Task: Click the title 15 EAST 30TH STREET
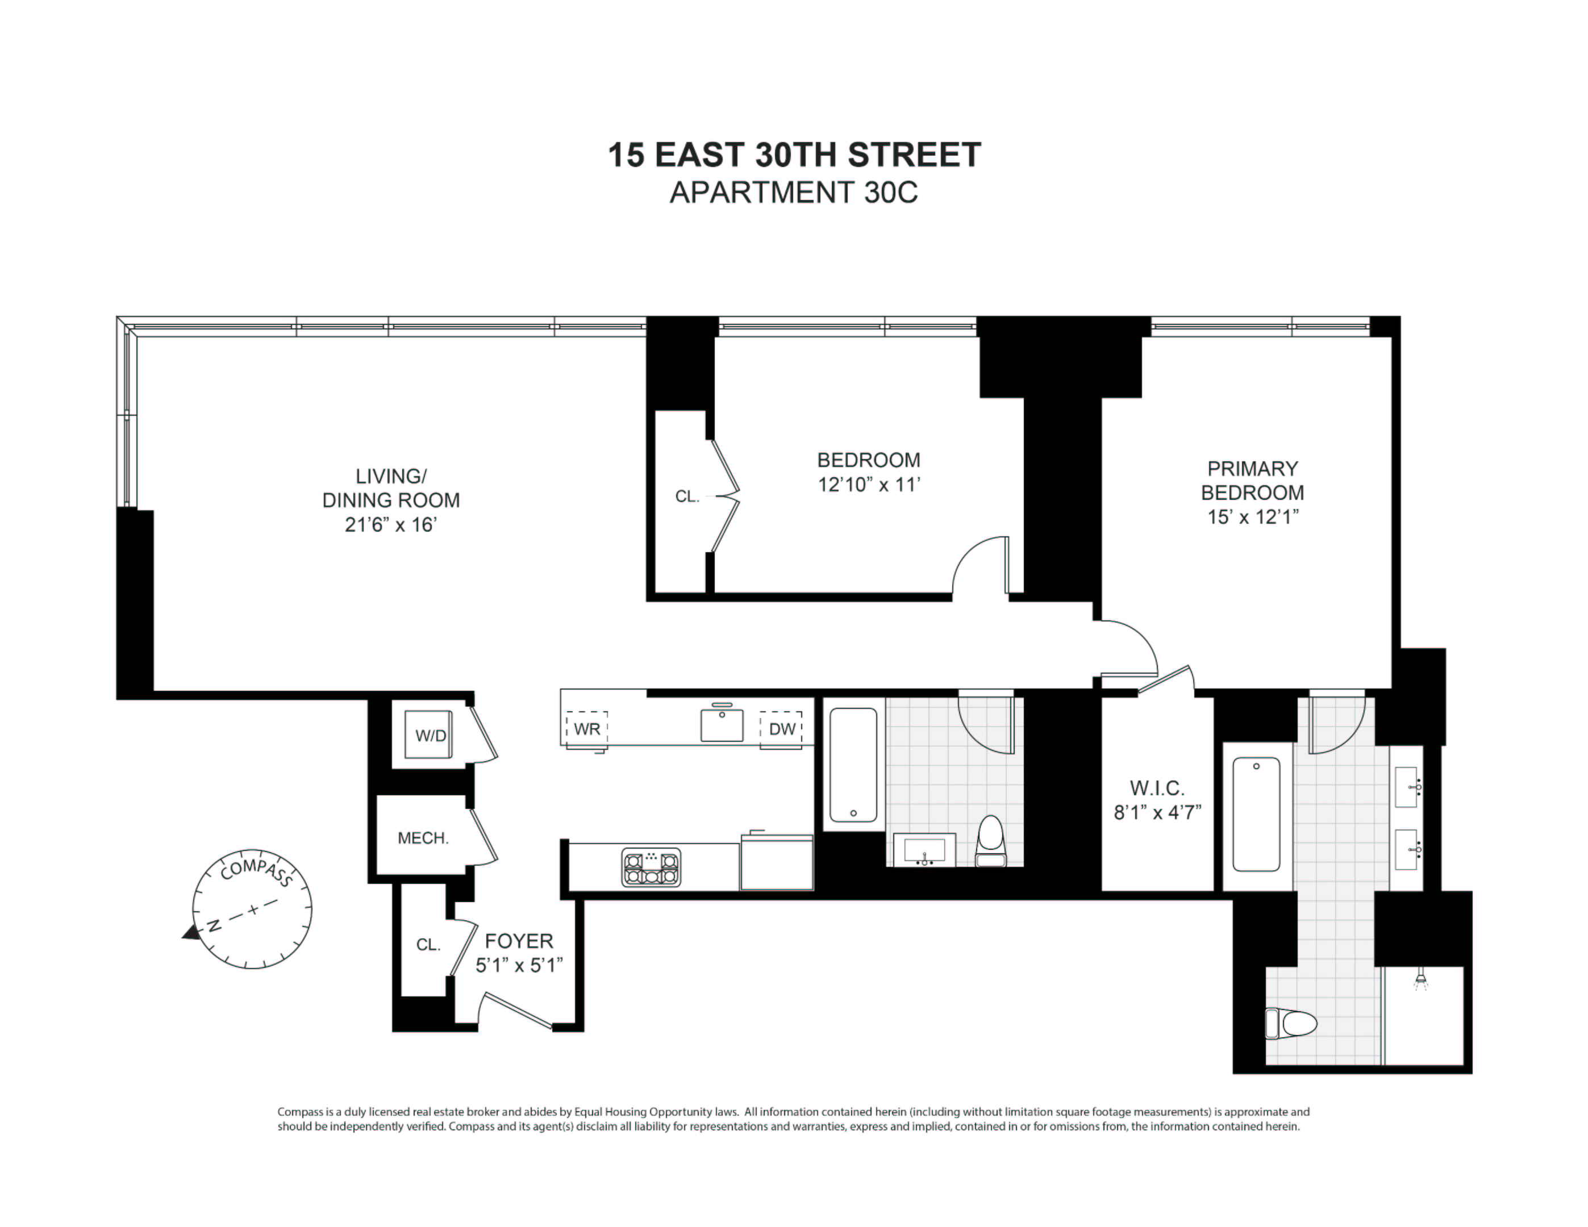click(794, 155)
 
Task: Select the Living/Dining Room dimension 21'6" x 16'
click(390, 524)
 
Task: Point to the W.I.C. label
click(1157, 788)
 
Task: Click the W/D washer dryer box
click(430, 735)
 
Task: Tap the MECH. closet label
click(423, 838)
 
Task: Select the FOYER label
click(518, 941)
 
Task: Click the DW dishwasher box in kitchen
click(782, 729)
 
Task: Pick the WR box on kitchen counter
click(587, 729)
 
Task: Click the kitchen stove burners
click(651, 867)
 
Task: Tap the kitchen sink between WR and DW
click(722, 725)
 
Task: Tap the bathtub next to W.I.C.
click(1256, 814)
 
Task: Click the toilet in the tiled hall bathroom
click(990, 842)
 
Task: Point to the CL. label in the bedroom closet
click(686, 496)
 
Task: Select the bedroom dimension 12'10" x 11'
click(869, 484)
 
